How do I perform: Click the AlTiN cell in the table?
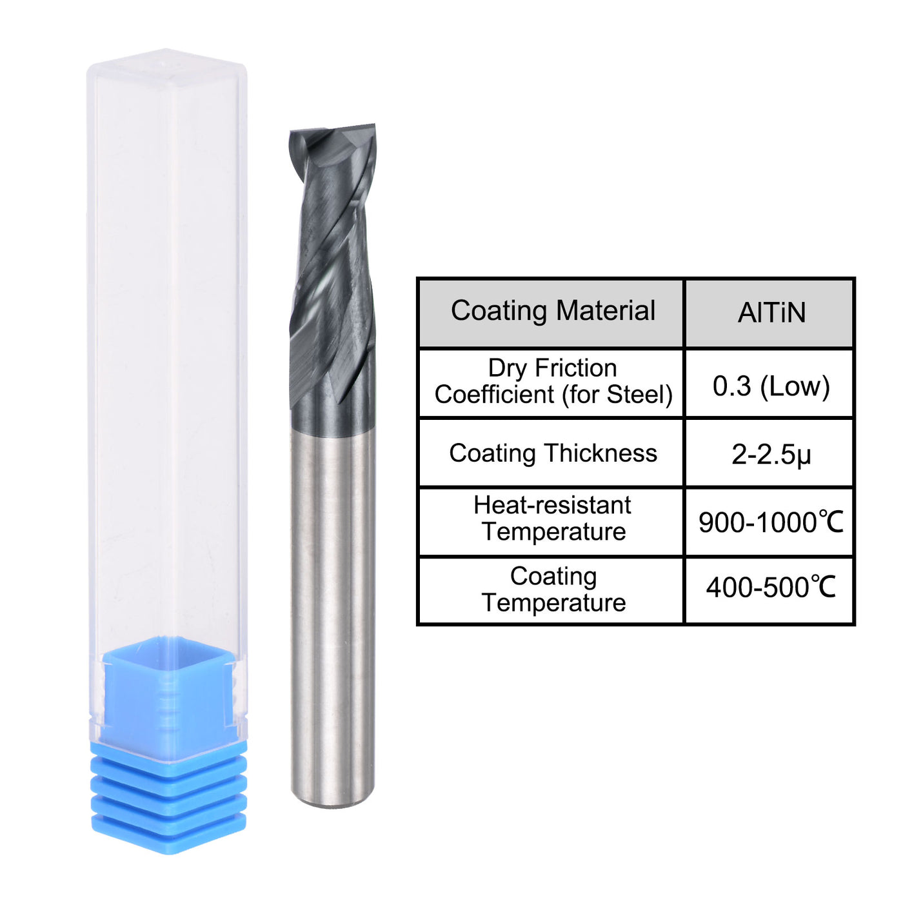[771, 313]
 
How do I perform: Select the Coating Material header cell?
[552, 312]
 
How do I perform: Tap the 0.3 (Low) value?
[771, 386]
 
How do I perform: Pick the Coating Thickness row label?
[552, 453]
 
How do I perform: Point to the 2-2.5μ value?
[771, 455]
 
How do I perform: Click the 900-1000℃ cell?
[771, 522]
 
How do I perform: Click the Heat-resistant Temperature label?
[552, 519]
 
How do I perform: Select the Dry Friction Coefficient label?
[552, 381]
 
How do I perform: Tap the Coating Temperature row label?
[553, 590]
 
